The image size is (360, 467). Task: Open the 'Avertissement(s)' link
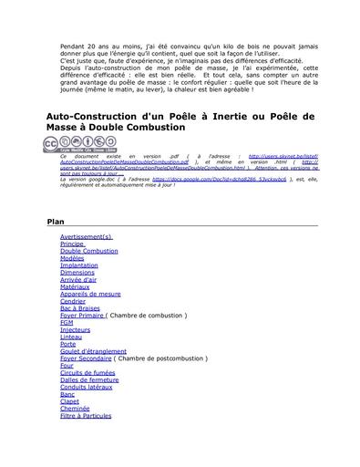[x=87, y=236]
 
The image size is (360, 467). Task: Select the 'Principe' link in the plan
[x=72, y=244]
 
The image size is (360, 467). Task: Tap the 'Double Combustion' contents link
[x=88, y=251]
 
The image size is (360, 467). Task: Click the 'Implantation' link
[x=78, y=265]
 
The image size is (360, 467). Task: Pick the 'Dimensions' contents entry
[x=77, y=273]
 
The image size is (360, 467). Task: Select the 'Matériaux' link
[x=76, y=287]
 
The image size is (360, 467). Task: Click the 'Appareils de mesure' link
[x=90, y=294]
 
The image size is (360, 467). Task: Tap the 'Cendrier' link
[x=73, y=301]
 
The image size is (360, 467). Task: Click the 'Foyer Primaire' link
[x=82, y=316]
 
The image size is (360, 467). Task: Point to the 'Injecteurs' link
[x=76, y=330]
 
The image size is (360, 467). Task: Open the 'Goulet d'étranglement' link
[x=93, y=351]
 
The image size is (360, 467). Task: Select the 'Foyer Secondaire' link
[x=86, y=358]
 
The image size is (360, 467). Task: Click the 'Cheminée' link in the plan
[x=75, y=409]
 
